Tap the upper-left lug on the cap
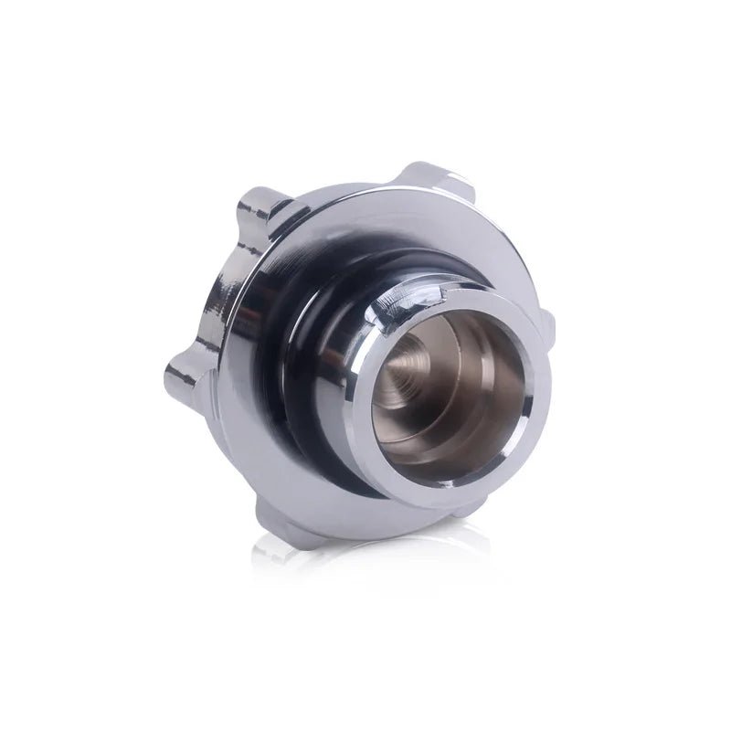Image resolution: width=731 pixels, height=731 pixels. (x=260, y=208)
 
